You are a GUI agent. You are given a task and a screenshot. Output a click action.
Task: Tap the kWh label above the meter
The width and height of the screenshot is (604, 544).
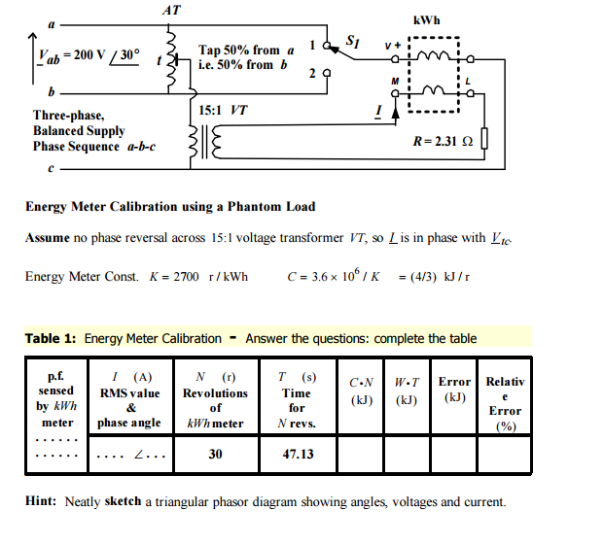click(425, 19)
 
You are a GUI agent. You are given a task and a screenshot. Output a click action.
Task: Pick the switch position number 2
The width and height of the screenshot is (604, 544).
click(313, 73)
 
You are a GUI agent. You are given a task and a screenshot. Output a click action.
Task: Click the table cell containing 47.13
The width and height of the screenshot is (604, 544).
click(295, 454)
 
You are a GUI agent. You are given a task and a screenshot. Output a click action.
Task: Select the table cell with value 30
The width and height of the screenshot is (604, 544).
click(215, 454)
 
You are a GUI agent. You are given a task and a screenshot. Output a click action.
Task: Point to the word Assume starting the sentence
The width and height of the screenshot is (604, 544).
click(46, 238)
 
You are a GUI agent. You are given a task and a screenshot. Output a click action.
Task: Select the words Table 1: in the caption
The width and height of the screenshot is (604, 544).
click(51, 338)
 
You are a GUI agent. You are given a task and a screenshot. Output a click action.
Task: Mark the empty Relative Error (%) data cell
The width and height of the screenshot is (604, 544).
click(504, 454)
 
